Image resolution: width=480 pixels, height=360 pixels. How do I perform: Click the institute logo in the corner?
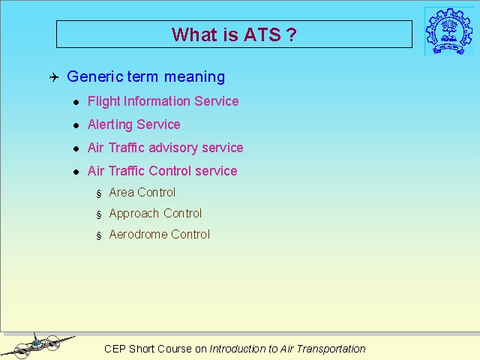coord(448,31)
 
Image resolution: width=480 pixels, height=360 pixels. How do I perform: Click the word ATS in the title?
coord(262,34)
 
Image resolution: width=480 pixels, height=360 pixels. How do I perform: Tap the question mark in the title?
coord(292,34)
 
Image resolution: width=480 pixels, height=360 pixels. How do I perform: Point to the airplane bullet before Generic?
coord(54,77)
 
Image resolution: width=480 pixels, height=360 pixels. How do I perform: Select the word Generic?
coord(95,76)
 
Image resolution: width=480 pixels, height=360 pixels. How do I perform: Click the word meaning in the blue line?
coord(195,76)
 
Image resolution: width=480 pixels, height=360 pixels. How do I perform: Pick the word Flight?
coord(104,101)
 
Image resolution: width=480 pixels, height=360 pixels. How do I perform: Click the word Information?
coord(157,101)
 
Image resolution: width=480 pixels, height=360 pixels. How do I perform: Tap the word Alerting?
coord(110,124)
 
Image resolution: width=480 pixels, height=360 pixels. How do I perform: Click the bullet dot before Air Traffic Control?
coord(76,172)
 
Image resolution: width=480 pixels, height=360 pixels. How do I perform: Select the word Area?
coord(121,193)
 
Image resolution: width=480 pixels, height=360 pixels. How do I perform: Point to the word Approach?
coord(134,214)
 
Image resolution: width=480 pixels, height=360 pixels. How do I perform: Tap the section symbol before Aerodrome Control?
coord(98,235)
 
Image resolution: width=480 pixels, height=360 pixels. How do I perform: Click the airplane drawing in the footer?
coord(38,346)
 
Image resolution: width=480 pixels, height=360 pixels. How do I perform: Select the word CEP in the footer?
coord(115,349)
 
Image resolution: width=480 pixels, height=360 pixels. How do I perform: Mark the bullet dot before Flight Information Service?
coord(76,102)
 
